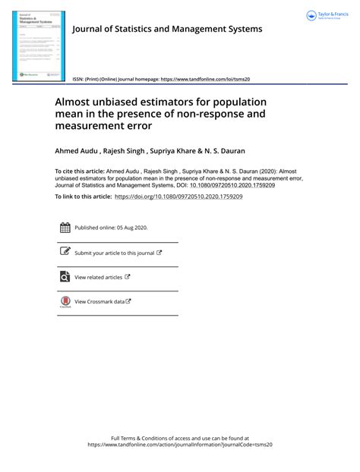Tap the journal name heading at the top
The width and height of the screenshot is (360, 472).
tap(166, 29)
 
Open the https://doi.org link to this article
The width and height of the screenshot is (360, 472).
tap(178, 197)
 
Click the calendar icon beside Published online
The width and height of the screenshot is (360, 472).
tap(65, 228)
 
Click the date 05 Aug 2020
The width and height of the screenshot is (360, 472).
tap(131, 228)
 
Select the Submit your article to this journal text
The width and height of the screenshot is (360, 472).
tap(114, 253)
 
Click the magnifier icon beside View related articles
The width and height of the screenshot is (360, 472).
tap(65, 277)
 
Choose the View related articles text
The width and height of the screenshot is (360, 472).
tap(99, 277)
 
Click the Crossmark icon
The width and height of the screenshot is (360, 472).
tap(65, 302)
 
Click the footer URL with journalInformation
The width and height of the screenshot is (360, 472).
tap(179, 445)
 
